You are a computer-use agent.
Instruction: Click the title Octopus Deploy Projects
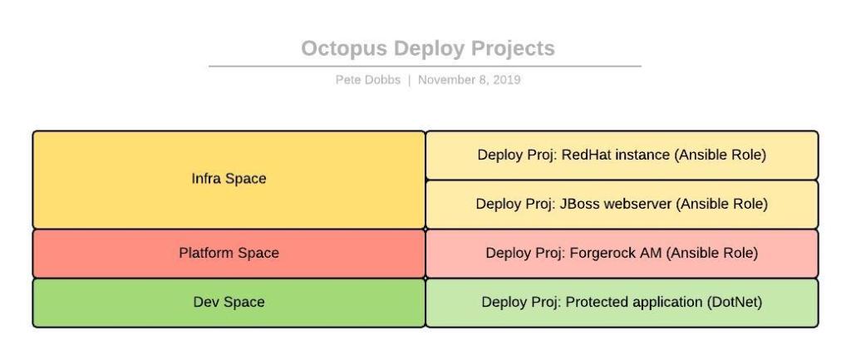(427, 48)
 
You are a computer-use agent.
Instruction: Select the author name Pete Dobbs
(367, 80)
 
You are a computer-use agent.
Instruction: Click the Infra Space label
(229, 179)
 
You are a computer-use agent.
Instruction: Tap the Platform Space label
(229, 253)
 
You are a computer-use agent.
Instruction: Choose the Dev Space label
(229, 302)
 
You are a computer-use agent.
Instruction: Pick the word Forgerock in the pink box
(599, 253)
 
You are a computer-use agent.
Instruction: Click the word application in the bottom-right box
(661, 302)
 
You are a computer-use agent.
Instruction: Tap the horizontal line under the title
(425, 66)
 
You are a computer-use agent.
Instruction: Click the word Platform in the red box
(205, 253)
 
